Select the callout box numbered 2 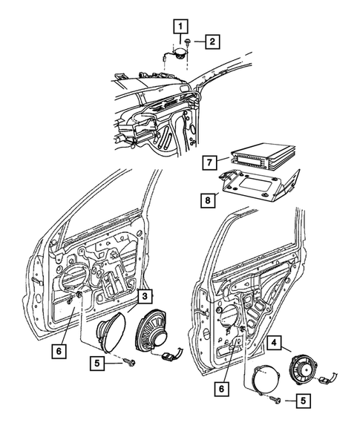[212, 42]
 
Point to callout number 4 [274, 344]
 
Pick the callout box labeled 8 [211, 198]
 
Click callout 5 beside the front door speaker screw [95, 364]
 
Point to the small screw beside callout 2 [192, 42]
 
